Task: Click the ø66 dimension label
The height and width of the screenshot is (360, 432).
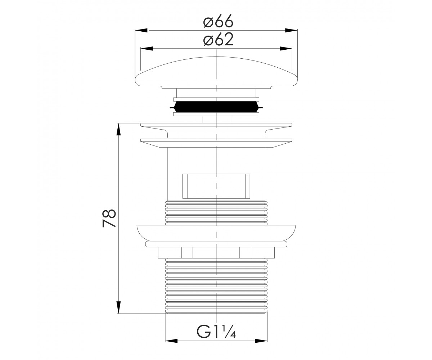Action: point(218,21)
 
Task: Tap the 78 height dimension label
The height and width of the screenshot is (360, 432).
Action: point(109,218)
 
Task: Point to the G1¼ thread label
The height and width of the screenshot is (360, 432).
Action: point(216,330)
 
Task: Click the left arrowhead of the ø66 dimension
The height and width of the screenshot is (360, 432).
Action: point(141,30)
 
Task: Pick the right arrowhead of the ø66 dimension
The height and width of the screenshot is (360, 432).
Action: point(291,30)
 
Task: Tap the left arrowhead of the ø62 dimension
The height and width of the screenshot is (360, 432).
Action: point(147,49)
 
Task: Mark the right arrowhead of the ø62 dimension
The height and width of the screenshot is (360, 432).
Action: point(286,49)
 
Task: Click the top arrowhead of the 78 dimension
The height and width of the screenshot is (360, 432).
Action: point(118,129)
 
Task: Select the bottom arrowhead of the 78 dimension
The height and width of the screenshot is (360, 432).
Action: point(118,307)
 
